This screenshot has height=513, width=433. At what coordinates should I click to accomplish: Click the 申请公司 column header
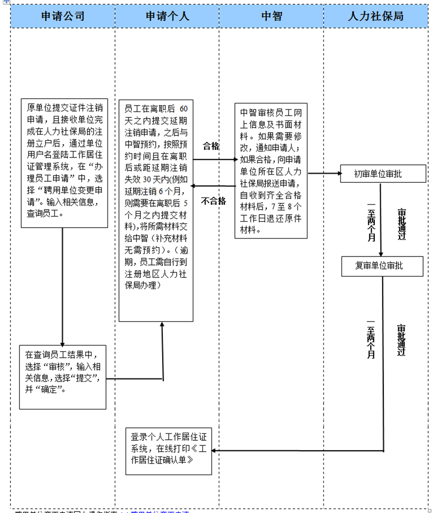tap(63, 16)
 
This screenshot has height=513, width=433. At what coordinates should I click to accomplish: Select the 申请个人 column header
tap(167, 16)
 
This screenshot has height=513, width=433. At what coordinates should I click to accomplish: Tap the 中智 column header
tap(272, 16)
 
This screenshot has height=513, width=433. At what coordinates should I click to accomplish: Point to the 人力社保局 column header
tap(376, 16)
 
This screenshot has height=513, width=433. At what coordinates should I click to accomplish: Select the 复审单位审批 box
tap(382, 266)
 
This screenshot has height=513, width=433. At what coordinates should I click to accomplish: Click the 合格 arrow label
tap(211, 146)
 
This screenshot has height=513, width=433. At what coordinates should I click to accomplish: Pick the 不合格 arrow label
tap(213, 201)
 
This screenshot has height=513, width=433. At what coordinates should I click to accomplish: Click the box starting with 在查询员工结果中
tap(63, 377)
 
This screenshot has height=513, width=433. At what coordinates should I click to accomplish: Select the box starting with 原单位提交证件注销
tap(64, 163)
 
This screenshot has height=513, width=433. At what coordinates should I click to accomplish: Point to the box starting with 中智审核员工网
tap(271, 171)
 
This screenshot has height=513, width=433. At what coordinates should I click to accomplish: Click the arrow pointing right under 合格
tap(214, 159)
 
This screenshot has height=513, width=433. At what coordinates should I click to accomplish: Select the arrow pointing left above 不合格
tap(214, 186)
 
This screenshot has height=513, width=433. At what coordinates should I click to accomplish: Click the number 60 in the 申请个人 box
tap(183, 109)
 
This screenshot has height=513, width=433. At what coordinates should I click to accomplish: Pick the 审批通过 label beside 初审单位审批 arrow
tap(402, 224)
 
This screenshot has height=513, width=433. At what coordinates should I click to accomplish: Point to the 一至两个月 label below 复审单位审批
tap(371, 339)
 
